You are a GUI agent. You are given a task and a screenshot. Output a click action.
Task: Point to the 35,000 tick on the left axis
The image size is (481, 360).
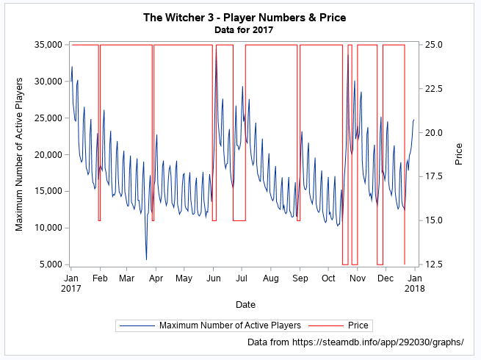(x=47, y=45)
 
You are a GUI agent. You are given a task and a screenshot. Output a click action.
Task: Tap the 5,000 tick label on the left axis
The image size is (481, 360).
(x=49, y=264)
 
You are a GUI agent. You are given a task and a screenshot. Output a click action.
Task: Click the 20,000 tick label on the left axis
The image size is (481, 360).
(x=47, y=154)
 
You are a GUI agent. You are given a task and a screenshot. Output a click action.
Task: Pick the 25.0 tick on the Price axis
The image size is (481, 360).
(x=435, y=45)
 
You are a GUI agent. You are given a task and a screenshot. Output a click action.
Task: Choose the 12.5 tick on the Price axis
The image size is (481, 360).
(x=435, y=264)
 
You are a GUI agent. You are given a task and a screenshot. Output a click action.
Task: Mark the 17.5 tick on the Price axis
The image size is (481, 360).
(x=435, y=176)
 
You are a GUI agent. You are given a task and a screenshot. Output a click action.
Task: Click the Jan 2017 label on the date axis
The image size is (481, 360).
(x=71, y=284)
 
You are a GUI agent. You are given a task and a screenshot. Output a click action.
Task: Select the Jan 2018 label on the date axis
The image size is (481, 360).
(x=414, y=284)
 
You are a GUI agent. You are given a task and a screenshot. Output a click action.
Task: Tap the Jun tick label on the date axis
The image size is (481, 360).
(x=213, y=279)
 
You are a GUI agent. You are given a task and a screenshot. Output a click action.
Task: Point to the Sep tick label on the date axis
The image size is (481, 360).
(x=300, y=279)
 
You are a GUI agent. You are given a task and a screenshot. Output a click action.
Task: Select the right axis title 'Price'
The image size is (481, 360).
(x=459, y=154)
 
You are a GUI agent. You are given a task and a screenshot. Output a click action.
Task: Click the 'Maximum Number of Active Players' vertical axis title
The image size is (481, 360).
(x=20, y=154)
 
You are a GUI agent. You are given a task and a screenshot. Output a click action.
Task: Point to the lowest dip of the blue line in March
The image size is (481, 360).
(x=146, y=259)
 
